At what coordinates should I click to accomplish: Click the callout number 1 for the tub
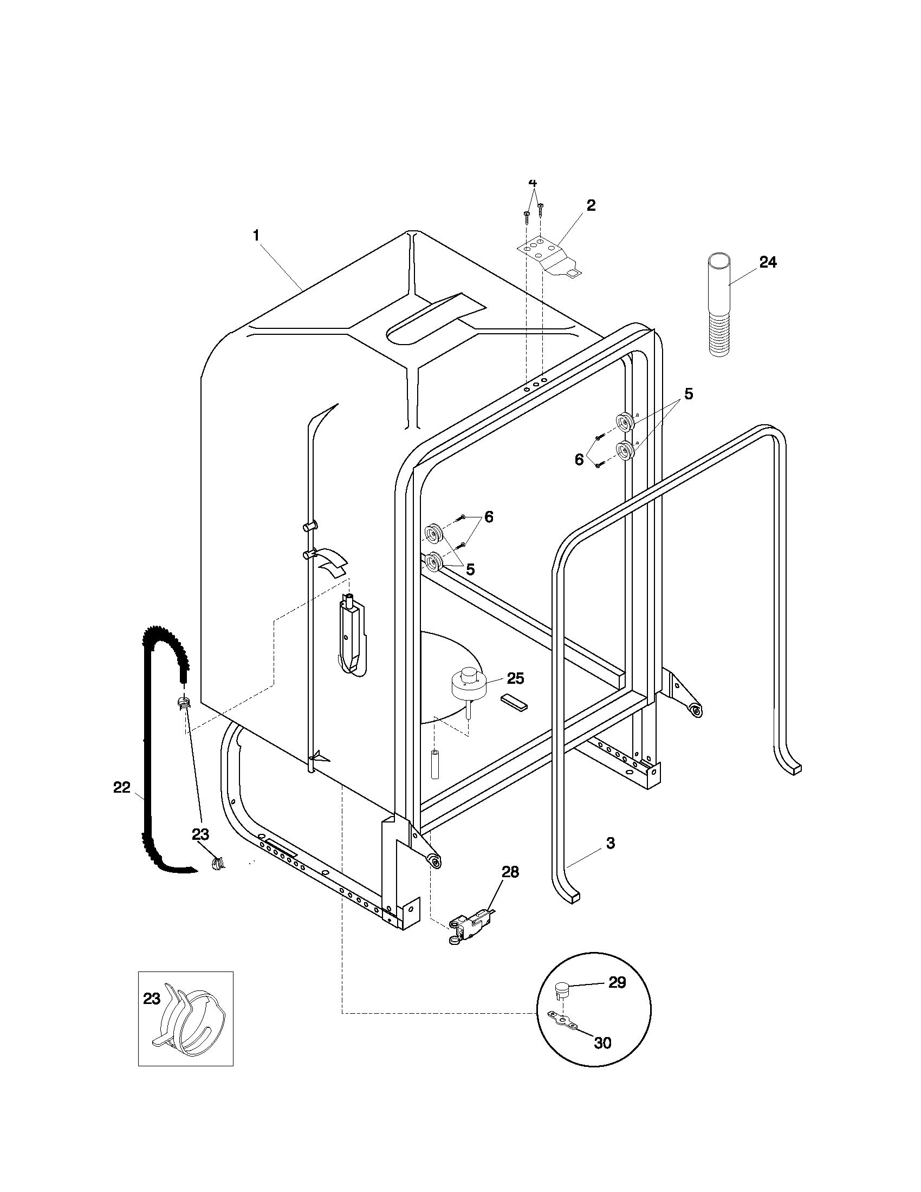click(255, 236)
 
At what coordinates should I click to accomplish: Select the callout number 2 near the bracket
click(591, 206)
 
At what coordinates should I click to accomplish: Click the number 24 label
click(768, 263)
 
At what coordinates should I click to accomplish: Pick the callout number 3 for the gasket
click(611, 843)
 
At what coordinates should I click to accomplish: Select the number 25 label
click(515, 678)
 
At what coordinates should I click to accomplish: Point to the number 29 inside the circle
click(617, 982)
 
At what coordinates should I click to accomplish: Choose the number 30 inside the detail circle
click(602, 1043)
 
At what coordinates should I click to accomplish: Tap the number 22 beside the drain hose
click(122, 787)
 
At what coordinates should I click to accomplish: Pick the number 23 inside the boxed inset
click(152, 999)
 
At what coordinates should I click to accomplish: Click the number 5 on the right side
click(689, 393)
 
